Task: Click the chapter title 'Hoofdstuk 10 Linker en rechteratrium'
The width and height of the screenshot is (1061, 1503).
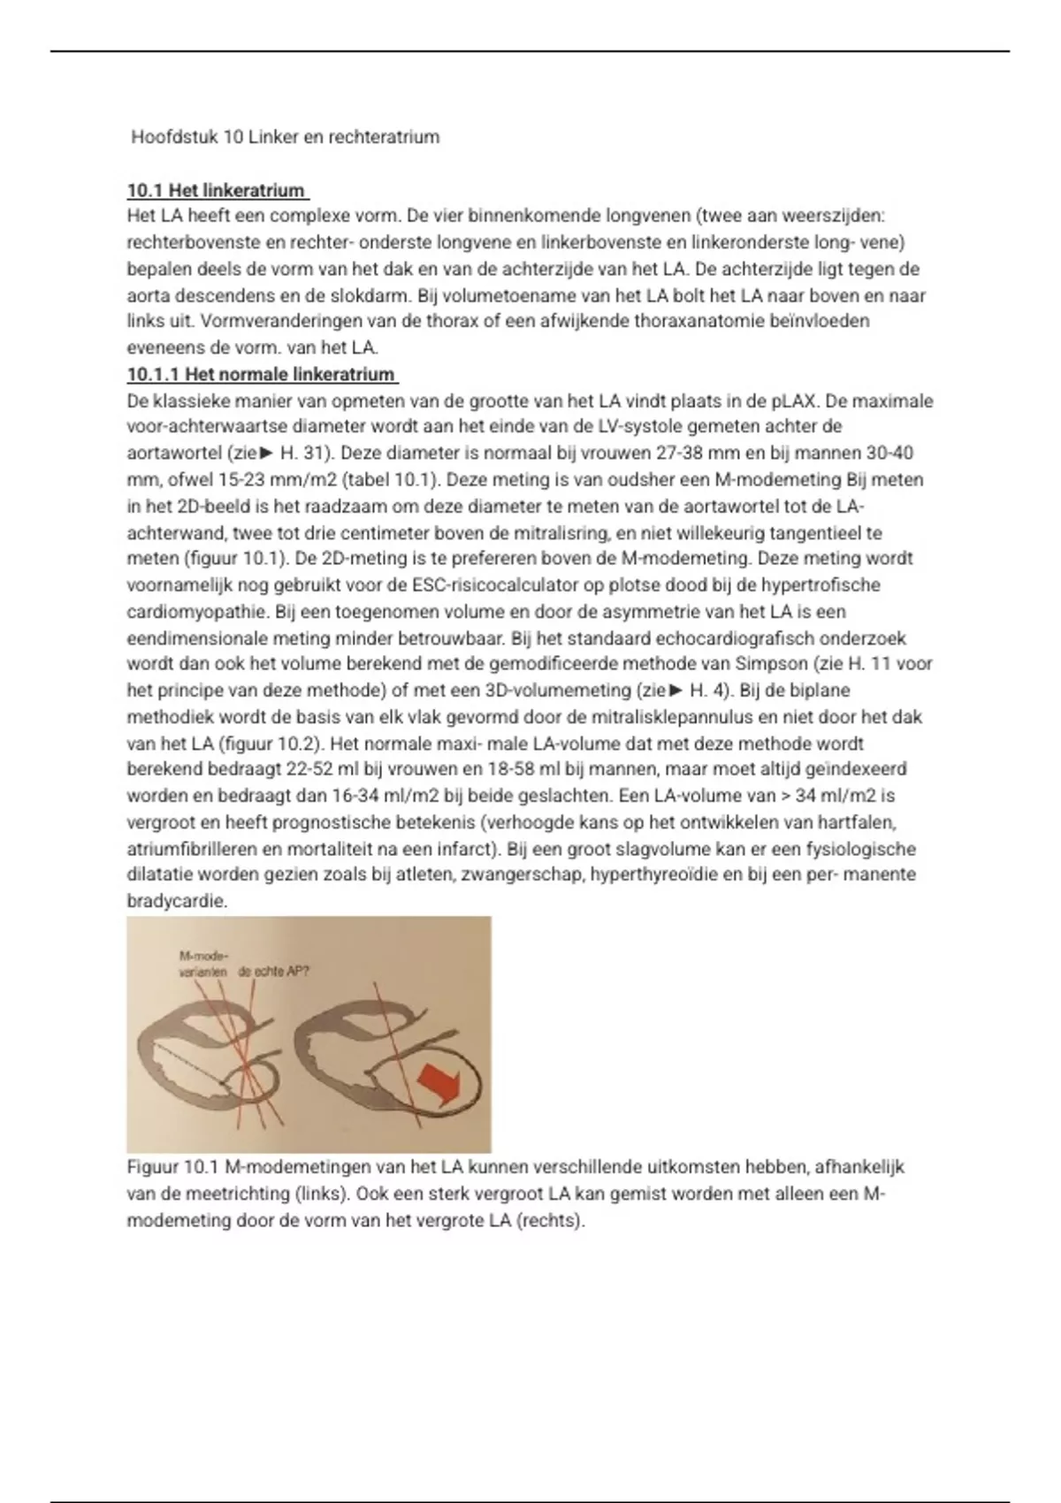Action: point(285,137)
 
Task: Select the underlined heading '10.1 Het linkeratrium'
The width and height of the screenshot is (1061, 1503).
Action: point(217,190)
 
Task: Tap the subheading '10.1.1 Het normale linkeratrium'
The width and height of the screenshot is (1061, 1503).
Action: point(261,374)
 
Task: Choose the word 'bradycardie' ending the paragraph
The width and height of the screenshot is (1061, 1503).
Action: point(177,901)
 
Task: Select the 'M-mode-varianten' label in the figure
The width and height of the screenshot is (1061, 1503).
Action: point(202,962)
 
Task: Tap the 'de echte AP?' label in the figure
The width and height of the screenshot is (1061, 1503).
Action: point(274,970)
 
